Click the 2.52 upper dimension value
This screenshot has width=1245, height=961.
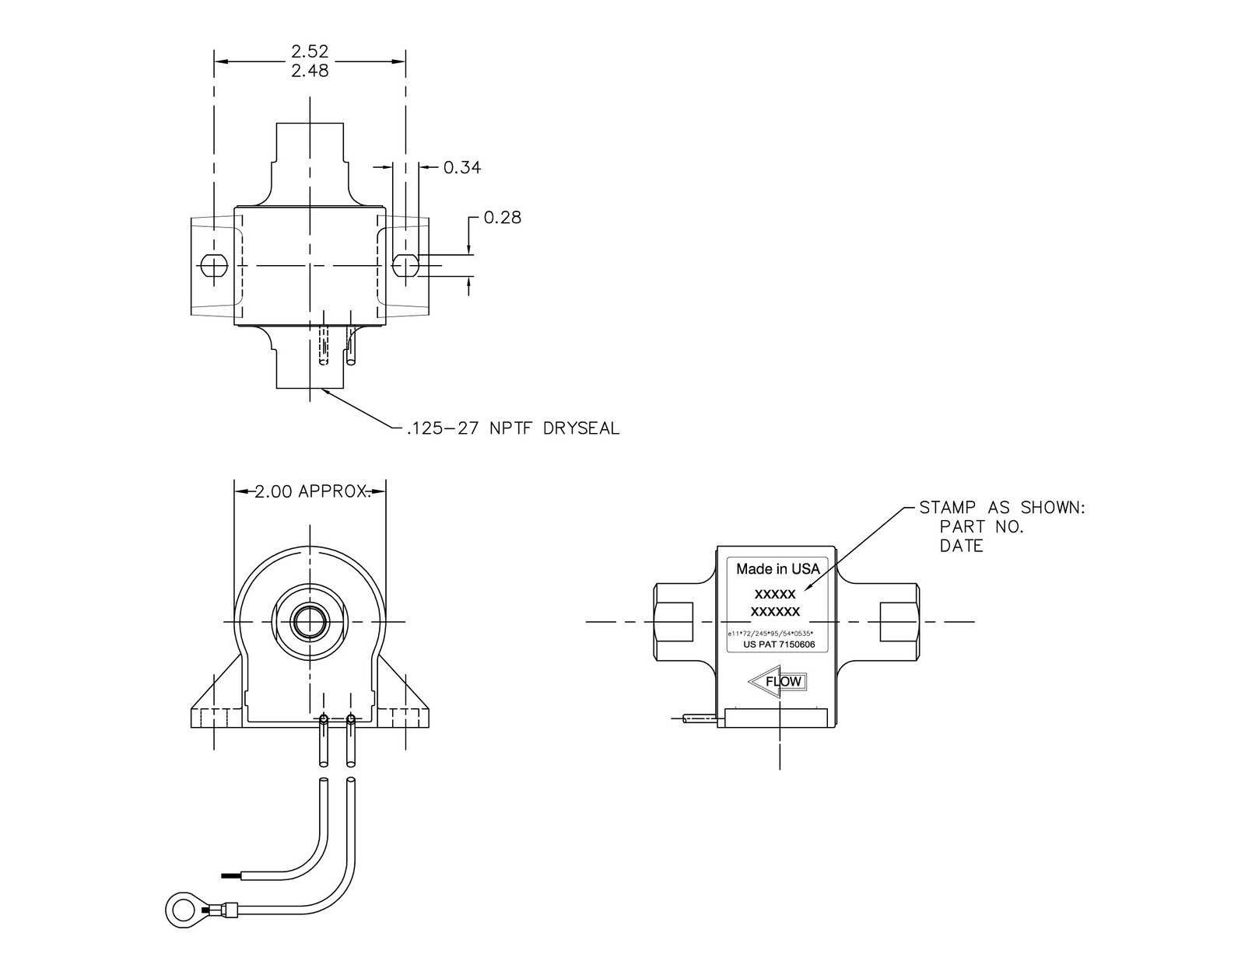pyautogui.click(x=310, y=52)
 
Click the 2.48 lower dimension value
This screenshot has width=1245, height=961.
pyautogui.click(x=310, y=71)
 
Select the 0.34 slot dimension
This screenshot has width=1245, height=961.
pyautogui.click(x=462, y=167)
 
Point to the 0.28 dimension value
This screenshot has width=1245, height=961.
pyautogui.click(x=503, y=218)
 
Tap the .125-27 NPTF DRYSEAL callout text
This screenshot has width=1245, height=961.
pyautogui.click(x=513, y=428)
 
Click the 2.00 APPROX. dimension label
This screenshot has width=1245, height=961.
pyautogui.click(x=310, y=491)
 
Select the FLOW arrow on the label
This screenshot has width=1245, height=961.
pyautogui.click(x=777, y=682)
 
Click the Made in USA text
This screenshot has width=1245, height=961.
pyautogui.click(x=777, y=569)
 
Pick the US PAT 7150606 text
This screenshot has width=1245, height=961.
pyautogui.click(x=779, y=645)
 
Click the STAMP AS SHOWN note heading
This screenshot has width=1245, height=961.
pyautogui.click(x=1001, y=508)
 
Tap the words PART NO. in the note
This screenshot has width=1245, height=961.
pyautogui.click(x=982, y=527)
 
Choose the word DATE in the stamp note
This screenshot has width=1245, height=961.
pyautogui.click(x=961, y=546)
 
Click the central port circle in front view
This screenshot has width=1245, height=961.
pyautogui.click(x=310, y=622)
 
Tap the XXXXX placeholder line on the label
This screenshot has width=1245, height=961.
pyautogui.click(x=775, y=595)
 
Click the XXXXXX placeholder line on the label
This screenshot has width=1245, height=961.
pyautogui.click(x=775, y=612)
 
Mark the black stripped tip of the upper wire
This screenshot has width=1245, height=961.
pyautogui.click(x=231, y=875)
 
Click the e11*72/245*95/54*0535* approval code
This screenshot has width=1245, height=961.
pyautogui.click(x=770, y=634)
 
